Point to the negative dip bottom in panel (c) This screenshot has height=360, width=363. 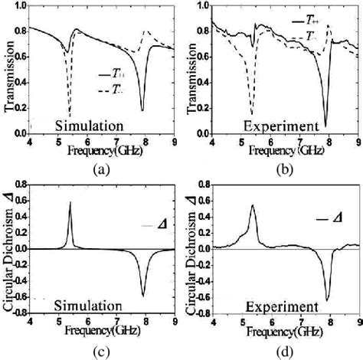[142, 296]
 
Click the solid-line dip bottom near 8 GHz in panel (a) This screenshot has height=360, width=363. [142, 111]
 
